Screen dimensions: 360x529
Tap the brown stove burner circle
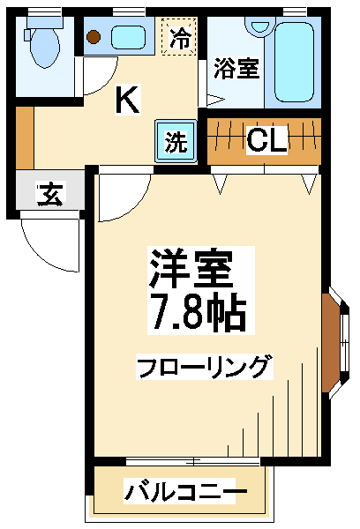93,36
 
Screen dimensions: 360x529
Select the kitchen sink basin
128,37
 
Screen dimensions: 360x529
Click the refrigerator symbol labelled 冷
179,36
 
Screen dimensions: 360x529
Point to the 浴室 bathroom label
236,69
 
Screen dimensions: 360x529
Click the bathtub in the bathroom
294,62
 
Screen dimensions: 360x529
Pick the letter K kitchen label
128,100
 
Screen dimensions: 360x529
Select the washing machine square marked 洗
176,141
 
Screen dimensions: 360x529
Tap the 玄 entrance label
50,194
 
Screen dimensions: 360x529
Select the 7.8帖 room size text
199,314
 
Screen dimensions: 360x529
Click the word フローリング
204,367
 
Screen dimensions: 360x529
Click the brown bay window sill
330,343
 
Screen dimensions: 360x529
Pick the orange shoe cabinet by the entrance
25,138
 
